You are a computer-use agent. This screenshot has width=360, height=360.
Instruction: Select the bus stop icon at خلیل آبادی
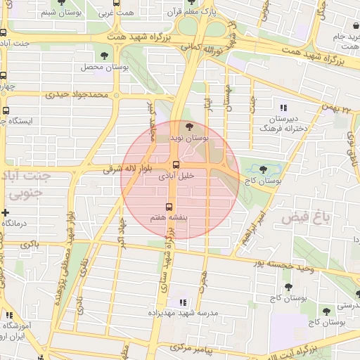pos(176,166)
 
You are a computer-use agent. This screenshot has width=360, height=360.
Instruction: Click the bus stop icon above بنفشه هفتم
pos(169,207)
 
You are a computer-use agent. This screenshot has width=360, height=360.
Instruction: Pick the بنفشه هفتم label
pos(169,219)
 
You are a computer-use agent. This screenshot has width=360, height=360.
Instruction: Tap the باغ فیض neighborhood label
pos(306,218)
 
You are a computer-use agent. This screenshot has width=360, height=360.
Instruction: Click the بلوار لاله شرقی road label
pos(125,169)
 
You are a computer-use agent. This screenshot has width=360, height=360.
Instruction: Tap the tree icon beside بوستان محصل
pos(105,55)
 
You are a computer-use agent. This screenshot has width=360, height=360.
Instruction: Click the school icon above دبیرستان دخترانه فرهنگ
pos(283,108)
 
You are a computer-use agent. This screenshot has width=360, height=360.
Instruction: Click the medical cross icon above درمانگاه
pos(6,212)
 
